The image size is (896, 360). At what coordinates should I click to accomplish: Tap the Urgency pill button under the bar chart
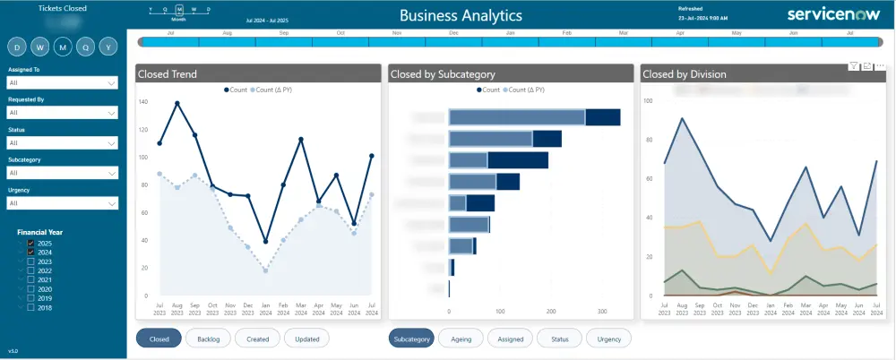608,339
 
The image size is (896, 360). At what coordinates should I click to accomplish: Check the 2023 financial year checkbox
31,261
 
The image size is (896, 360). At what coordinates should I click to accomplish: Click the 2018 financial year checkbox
31,307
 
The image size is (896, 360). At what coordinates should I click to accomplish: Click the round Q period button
86,47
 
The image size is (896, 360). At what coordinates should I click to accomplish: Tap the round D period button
18,47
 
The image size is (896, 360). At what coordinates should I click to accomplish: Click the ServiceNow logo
826,14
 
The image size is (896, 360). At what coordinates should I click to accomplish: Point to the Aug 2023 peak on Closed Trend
177,104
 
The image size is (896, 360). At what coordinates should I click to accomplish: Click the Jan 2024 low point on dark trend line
266,241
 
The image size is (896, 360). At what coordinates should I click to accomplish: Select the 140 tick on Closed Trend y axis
143,101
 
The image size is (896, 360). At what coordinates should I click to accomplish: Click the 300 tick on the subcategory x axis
602,311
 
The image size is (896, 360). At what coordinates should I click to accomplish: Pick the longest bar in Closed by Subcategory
534,117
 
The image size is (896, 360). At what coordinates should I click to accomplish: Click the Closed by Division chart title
685,74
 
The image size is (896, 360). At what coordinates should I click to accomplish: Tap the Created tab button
257,339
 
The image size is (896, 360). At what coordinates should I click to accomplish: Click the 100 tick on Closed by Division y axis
648,101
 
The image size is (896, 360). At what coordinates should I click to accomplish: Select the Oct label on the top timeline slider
340,32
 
